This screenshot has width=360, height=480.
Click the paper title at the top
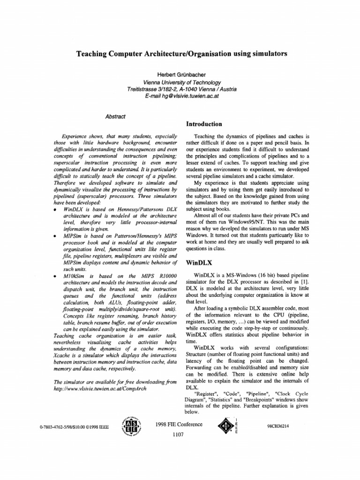tap(181, 54)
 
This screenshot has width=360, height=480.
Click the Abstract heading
tap(115, 116)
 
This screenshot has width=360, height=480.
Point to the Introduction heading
tap(204, 124)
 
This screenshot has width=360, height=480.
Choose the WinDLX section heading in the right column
tap(199, 263)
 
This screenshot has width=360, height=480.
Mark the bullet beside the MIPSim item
tap(56, 237)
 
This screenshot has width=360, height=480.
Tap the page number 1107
tap(180, 435)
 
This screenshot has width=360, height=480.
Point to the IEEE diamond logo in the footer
tap(223, 426)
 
